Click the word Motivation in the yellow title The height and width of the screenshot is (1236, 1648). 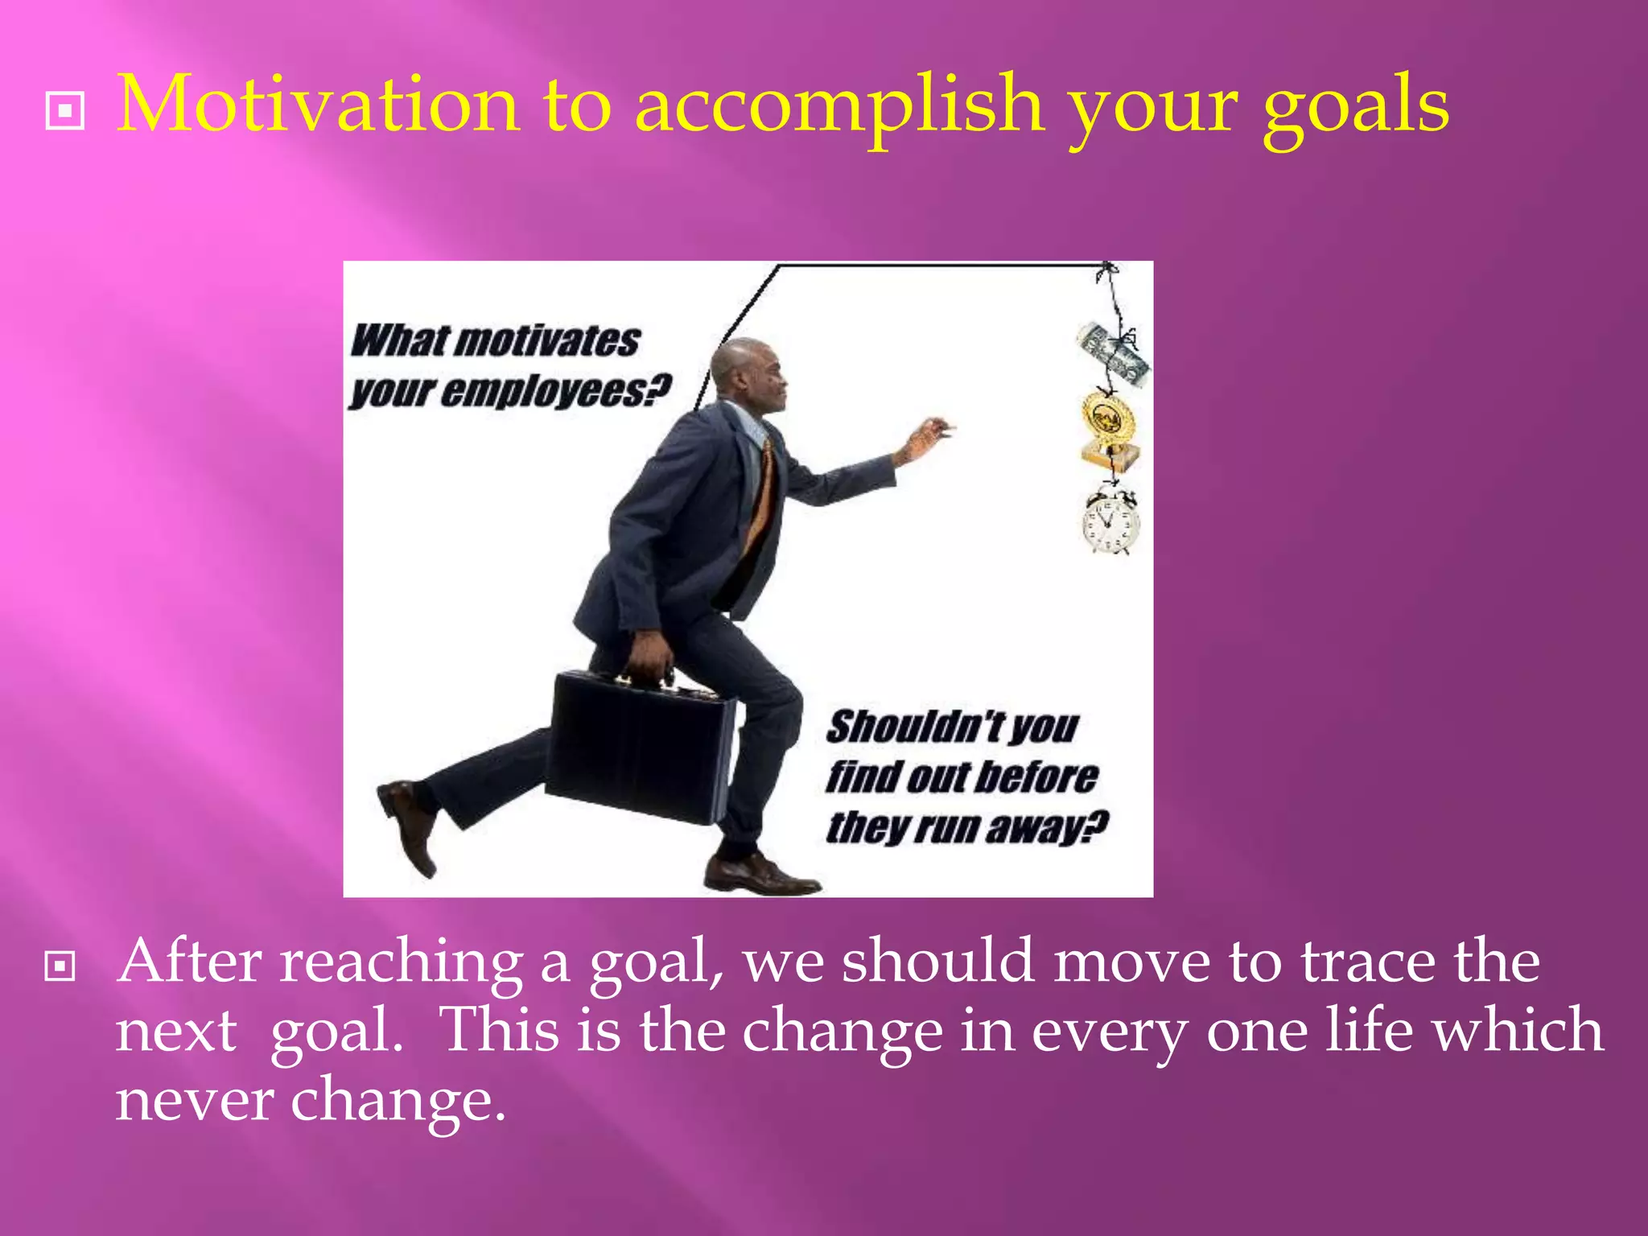(318, 105)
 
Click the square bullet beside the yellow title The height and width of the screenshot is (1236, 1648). (65, 109)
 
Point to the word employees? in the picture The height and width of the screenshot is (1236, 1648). (555, 392)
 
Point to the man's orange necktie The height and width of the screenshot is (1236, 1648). (761, 499)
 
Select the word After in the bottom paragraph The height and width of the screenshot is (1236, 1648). (189, 962)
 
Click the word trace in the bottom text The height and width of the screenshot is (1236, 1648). (1368, 962)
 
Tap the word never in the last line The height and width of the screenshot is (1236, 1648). (193, 1101)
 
